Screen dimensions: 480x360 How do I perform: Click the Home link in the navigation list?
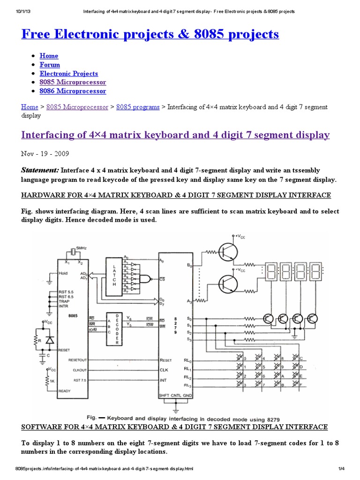(49, 56)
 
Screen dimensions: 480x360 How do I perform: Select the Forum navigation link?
(50, 65)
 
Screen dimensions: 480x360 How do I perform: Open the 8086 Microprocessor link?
(73, 91)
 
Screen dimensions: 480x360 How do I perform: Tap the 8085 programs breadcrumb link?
(138, 107)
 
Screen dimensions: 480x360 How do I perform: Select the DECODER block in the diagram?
(112, 329)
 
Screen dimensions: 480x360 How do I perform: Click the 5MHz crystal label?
(81, 248)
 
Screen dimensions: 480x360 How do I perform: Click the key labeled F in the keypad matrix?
(300, 385)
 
